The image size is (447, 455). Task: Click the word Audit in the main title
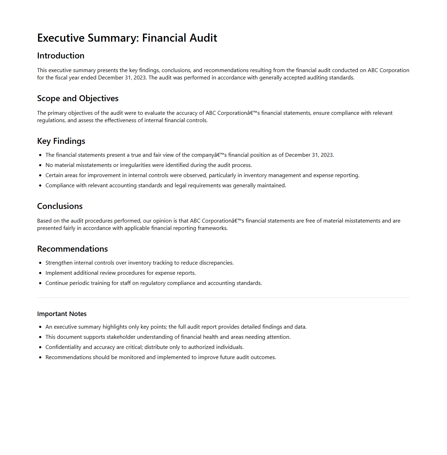204,38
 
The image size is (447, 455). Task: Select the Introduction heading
61,56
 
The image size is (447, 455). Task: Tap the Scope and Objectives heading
78,98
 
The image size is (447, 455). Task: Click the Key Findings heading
61,141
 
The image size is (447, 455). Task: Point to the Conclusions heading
60,206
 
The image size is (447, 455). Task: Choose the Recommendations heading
72,249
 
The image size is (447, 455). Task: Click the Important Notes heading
62,314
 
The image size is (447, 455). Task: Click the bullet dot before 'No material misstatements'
40,165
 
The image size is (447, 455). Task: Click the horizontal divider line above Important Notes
223,298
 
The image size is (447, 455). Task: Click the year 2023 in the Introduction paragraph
140,78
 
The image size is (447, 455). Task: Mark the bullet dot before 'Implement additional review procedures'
40,273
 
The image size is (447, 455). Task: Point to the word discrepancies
216,263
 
